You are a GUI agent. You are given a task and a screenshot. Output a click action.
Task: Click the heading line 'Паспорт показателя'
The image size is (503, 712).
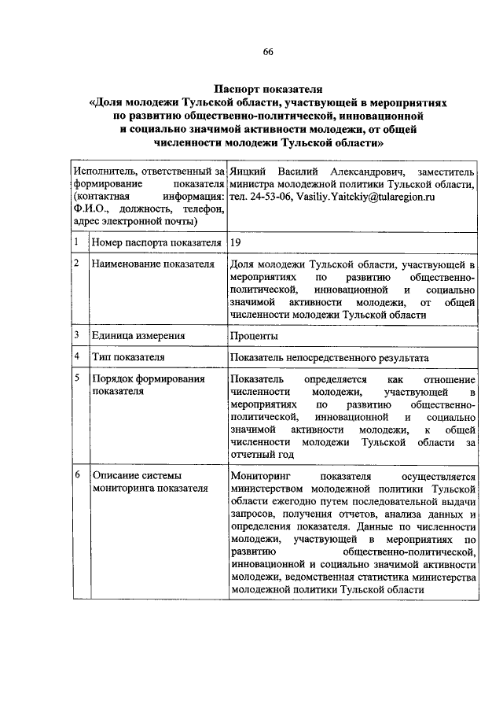268,89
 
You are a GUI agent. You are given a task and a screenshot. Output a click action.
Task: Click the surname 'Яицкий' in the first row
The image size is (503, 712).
248,171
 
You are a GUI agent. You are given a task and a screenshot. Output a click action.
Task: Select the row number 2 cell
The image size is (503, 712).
76,264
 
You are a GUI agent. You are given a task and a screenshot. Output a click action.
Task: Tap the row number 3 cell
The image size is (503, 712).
76,335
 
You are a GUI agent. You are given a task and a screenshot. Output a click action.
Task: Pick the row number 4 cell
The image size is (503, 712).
76,356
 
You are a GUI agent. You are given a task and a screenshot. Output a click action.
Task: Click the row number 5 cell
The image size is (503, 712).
76,378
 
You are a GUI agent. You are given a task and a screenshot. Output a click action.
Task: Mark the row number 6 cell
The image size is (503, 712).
76,476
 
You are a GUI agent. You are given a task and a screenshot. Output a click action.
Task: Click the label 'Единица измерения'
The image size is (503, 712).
138,336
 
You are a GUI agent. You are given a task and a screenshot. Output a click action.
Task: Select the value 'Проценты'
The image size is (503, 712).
254,336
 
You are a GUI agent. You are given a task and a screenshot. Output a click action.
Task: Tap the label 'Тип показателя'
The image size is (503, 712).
127,357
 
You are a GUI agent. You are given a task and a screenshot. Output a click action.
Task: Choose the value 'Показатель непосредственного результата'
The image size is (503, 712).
329,357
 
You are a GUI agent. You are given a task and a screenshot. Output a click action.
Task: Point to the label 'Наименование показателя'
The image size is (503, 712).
153,264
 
